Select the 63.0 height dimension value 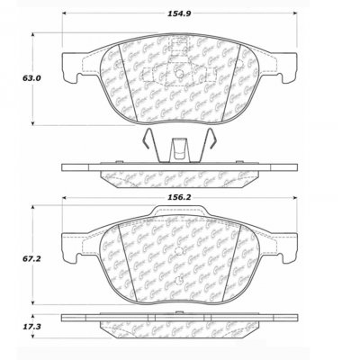point(14,78)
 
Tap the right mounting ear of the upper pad point(292,63)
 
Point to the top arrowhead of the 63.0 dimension point(36,36)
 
